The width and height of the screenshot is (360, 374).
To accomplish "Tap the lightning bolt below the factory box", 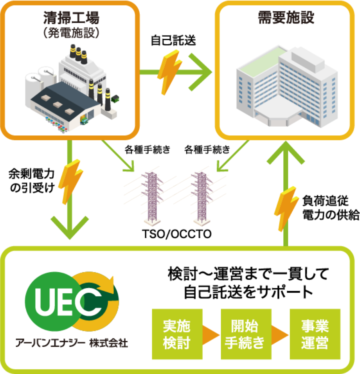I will pyautogui.click(x=70, y=180).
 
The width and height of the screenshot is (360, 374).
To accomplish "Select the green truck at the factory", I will pyautogui.click(x=84, y=120).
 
